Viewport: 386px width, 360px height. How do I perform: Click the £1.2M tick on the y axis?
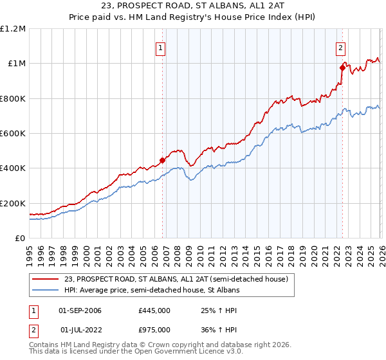pyautogui.click(x=13, y=29)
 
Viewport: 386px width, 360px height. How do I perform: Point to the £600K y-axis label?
pyautogui.click(x=13, y=134)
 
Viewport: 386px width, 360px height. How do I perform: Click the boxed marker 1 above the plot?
pyautogui.click(x=160, y=46)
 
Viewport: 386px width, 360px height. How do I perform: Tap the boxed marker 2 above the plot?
pyautogui.click(x=340, y=46)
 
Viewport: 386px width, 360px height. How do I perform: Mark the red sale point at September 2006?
pyautogui.click(x=162, y=161)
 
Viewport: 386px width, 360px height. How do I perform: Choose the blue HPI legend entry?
pyautogui.click(x=161, y=291)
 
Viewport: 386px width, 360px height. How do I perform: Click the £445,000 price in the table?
pyautogui.click(x=154, y=310)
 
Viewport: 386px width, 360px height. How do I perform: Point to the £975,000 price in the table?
pyautogui.click(x=154, y=329)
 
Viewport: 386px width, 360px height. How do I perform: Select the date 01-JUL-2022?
pyautogui.click(x=81, y=329)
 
